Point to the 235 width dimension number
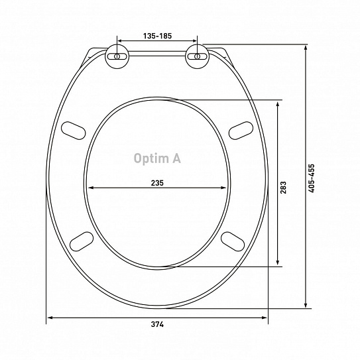coord(157,182)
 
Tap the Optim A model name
coord(156,158)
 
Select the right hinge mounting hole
coord(197,58)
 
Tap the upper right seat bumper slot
coord(240,131)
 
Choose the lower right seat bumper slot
coord(234,239)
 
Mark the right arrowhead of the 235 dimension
coord(225,188)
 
